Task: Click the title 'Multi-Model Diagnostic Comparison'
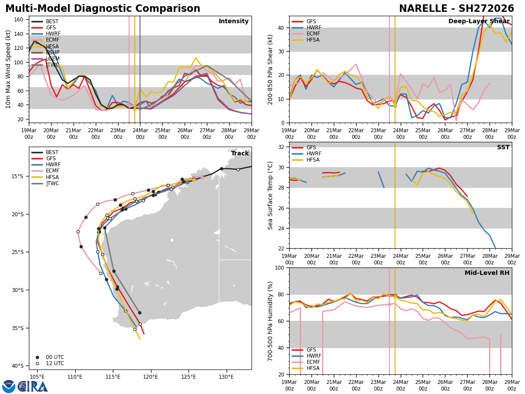coord(103,9)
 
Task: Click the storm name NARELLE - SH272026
coord(456,9)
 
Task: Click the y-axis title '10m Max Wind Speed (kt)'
coord(8,69)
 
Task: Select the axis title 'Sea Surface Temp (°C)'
coord(271,195)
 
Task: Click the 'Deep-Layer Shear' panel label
coord(479,21)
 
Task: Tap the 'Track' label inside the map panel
coord(240,154)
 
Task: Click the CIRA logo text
coord(33,387)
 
